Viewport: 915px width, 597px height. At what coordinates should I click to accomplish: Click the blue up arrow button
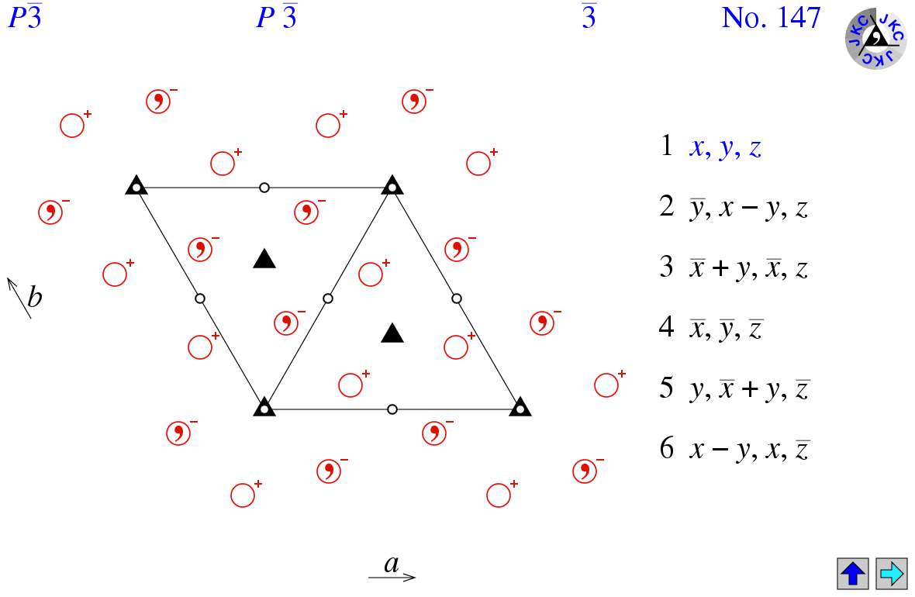tap(852, 573)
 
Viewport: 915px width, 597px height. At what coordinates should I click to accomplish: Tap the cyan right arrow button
tap(891, 573)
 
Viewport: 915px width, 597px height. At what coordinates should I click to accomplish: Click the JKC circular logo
tap(876, 39)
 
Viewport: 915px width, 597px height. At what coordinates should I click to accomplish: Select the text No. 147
tap(771, 18)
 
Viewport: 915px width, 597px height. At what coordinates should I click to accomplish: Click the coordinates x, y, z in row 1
tap(725, 147)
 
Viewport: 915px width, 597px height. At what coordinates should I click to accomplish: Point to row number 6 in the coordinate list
tap(667, 448)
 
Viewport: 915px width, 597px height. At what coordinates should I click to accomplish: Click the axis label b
tap(34, 297)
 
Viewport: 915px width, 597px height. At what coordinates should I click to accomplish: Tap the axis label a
tap(392, 564)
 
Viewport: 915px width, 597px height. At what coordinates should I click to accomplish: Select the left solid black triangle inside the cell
tap(264, 258)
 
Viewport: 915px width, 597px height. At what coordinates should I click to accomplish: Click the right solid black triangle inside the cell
tap(392, 333)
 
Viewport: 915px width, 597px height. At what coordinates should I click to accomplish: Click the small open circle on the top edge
tap(264, 188)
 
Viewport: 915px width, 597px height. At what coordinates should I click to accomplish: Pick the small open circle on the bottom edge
tap(392, 409)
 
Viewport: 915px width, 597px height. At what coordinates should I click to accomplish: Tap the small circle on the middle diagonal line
tap(328, 298)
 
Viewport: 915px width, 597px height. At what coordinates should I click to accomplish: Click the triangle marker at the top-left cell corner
tap(136, 185)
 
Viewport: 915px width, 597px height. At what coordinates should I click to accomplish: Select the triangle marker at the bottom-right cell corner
tap(520, 407)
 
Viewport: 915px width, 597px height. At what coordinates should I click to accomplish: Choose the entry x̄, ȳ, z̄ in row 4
tap(727, 329)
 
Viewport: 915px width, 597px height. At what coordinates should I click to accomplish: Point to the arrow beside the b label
tap(19, 298)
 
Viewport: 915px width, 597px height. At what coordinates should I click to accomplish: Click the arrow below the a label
tap(392, 577)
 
